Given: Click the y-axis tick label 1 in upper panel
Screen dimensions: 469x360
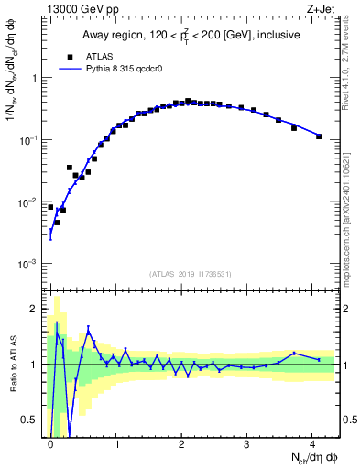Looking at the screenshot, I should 37,78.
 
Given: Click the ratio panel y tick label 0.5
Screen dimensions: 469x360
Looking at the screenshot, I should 32,420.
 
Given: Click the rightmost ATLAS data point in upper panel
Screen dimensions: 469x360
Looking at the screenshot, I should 319,136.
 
